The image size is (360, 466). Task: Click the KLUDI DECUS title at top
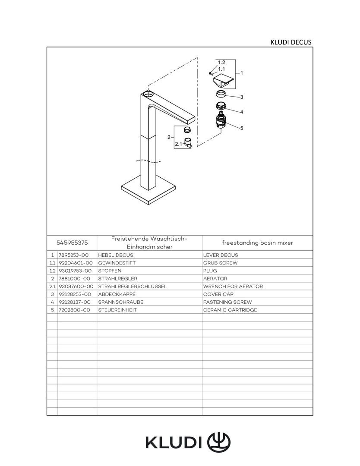pyautogui.click(x=291, y=42)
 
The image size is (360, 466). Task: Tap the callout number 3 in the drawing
pyautogui.click(x=242, y=97)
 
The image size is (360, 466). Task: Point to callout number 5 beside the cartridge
pyautogui.click(x=242, y=128)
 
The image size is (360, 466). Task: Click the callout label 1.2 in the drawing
pyautogui.click(x=221, y=63)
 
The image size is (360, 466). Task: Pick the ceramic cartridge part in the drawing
pyautogui.click(x=221, y=121)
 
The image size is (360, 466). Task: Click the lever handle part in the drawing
pyautogui.click(x=223, y=81)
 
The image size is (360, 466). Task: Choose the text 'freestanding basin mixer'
pyautogui.click(x=257, y=242)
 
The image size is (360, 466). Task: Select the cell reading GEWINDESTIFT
pyautogui.click(x=114, y=263)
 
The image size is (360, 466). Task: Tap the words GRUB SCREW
pyautogui.click(x=220, y=263)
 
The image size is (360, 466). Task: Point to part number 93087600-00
pyautogui.click(x=76, y=287)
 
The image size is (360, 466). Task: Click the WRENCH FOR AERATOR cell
pyautogui.click(x=233, y=287)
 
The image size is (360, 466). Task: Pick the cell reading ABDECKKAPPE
pyautogui.click(x=114, y=294)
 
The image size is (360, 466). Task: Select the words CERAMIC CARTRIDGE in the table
pyautogui.click(x=230, y=310)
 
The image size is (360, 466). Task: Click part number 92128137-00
pyautogui.click(x=75, y=302)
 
